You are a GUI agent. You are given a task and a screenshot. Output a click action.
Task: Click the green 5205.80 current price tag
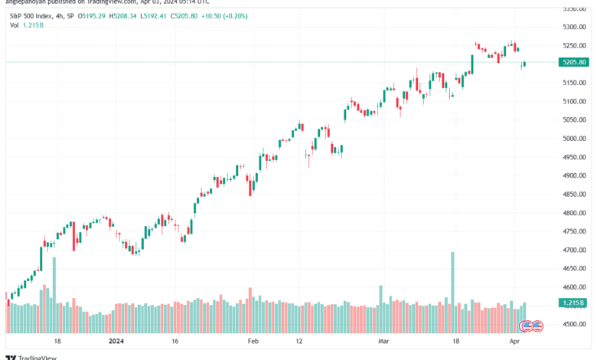click(x=574, y=62)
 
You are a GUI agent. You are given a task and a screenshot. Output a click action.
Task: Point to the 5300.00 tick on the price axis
click(x=573, y=27)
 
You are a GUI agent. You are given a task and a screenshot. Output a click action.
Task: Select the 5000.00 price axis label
click(x=573, y=139)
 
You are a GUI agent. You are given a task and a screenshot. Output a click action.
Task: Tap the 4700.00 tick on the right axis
click(x=573, y=250)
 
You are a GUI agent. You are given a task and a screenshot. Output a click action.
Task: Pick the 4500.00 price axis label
click(x=573, y=324)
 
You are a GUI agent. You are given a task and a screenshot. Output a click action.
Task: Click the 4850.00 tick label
click(x=573, y=194)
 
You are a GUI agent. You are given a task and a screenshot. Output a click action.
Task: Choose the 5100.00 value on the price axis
click(x=573, y=101)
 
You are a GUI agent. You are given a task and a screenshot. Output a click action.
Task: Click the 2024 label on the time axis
click(x=116, y=341)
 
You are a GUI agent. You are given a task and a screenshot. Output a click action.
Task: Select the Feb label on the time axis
click(x=254, y=341)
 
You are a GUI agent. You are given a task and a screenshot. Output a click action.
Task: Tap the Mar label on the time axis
click(x=383, y=341)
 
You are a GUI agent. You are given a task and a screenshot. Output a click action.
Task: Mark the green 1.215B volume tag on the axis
click(x=573, y=303)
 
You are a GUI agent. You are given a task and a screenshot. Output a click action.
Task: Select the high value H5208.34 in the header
click(x=123, y=15)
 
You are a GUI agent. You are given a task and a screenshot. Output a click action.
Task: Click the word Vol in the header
click(x=15, y=25)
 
